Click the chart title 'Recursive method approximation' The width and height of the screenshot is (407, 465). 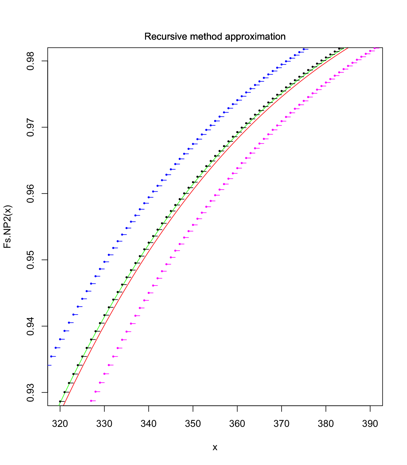pyautogui.click(x=215, y=37)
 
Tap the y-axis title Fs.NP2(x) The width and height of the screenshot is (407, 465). pyautogui.click(x=8, y=226)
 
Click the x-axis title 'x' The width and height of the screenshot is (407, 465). pyautogui.click(x=215, y=447)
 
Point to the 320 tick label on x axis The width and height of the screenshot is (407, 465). pyautogui.click(x=60, y=424)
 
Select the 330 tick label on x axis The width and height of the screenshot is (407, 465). pyautogui.click(x=104, y=424)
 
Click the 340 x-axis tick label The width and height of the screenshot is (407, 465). pyautogui.click(x=149, y=424)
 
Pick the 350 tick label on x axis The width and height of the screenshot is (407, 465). pyautogui.click(x=193, y=424)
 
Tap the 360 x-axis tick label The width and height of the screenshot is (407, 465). pyautogui.click(x=237, y=424)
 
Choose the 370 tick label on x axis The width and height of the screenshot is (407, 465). pyautogui.click(x=281, y=424)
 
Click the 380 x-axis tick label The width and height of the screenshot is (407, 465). pyautogui.click(x=326, y=424)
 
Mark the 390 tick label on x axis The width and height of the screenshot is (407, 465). pyautogui.click(x=370, y=424)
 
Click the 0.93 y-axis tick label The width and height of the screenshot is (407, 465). pyautogui.click(x=31, y=392)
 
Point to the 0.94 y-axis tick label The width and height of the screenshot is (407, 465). pyautogui.click(x=31, y=326)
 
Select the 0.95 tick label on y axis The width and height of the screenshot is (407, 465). pyautogui.click(x=31, y=260)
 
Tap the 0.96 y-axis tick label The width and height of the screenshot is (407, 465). pyautogui.click(x=31, y=193)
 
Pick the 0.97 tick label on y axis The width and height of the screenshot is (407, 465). pyautogui.click(x=31, y=127)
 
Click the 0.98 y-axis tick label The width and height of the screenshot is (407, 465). pyautogui.click(x=31, y=61)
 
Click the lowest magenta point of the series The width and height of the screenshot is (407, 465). pyautogui.click(x=91, y=401)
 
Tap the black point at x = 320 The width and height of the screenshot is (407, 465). pyautogui.click(x=60, y=401)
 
